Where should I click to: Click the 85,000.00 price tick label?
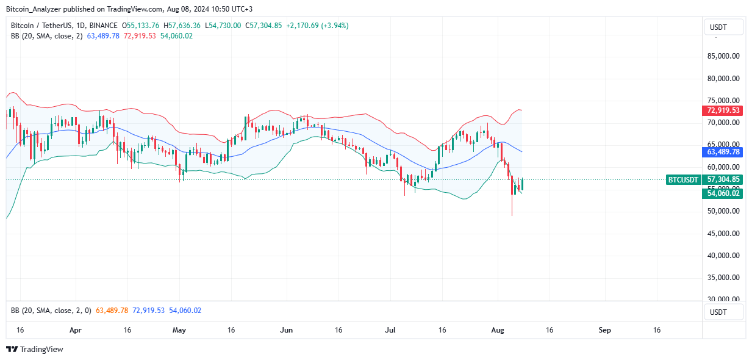pyautogui.click(x=723, y=56)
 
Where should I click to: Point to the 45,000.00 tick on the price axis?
pyautogui.click(x=723, y=233)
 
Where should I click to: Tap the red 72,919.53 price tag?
pyautogui.click(x=723, y=110)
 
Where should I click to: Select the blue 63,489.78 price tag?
pyautogui.click(x=723, y=152)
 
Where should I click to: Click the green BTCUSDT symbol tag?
pyautogui.click(x=682, y=179)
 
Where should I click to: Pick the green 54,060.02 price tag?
pyautogui.click(x=723, y=193)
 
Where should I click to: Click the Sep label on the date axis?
pyautogui.click(x=604, y=330)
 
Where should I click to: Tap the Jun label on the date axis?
pyautogui.click(x=286, y=330)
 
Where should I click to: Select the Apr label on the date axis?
pyautogui.click(x=75, y=330)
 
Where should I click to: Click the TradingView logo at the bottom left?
pyautogui.click(x=35, y=350)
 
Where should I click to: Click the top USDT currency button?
pyautogui.click(x=723, y=27)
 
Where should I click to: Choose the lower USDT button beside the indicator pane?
pyautogui.click(x=723, y=312)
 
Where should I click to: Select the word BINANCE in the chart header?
pyautogui.click(x=104, y=26)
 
